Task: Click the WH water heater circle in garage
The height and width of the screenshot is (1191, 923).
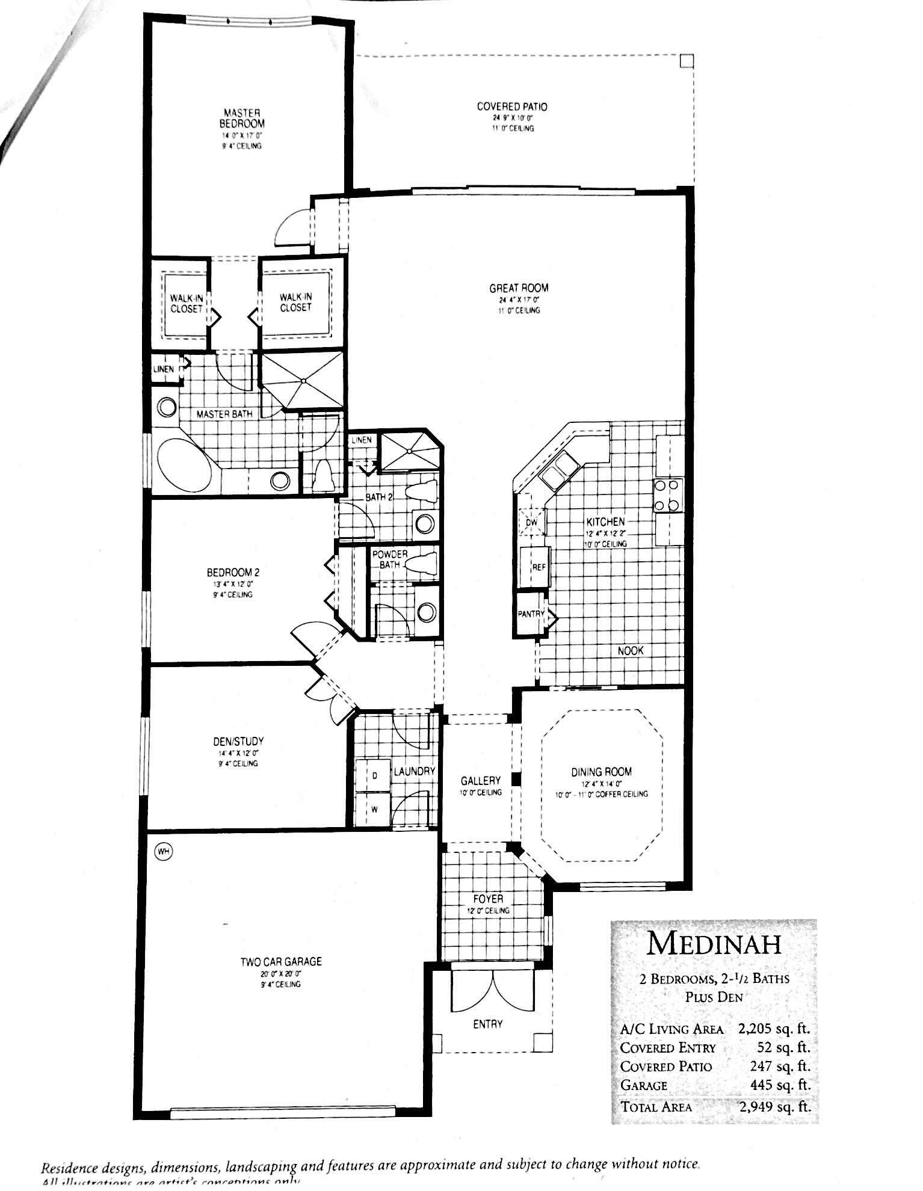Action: [162, 851]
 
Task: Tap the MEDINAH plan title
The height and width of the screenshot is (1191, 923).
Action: [714, 944]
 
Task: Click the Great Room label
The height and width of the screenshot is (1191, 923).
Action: [519, 288]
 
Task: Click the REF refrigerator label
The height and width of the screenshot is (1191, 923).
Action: [538, 567]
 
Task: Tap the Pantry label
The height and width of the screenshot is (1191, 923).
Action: [531, 614]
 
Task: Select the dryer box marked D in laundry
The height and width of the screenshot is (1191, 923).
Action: [375, 776]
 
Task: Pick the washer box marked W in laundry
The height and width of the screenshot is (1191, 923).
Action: [374, 809]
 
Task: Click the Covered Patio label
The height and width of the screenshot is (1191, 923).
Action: [512, 106]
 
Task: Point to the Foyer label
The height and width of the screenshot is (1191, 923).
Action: [488, 899]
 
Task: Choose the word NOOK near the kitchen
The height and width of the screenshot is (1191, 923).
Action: [630, 651]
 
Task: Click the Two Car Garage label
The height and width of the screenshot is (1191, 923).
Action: [281, 961]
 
